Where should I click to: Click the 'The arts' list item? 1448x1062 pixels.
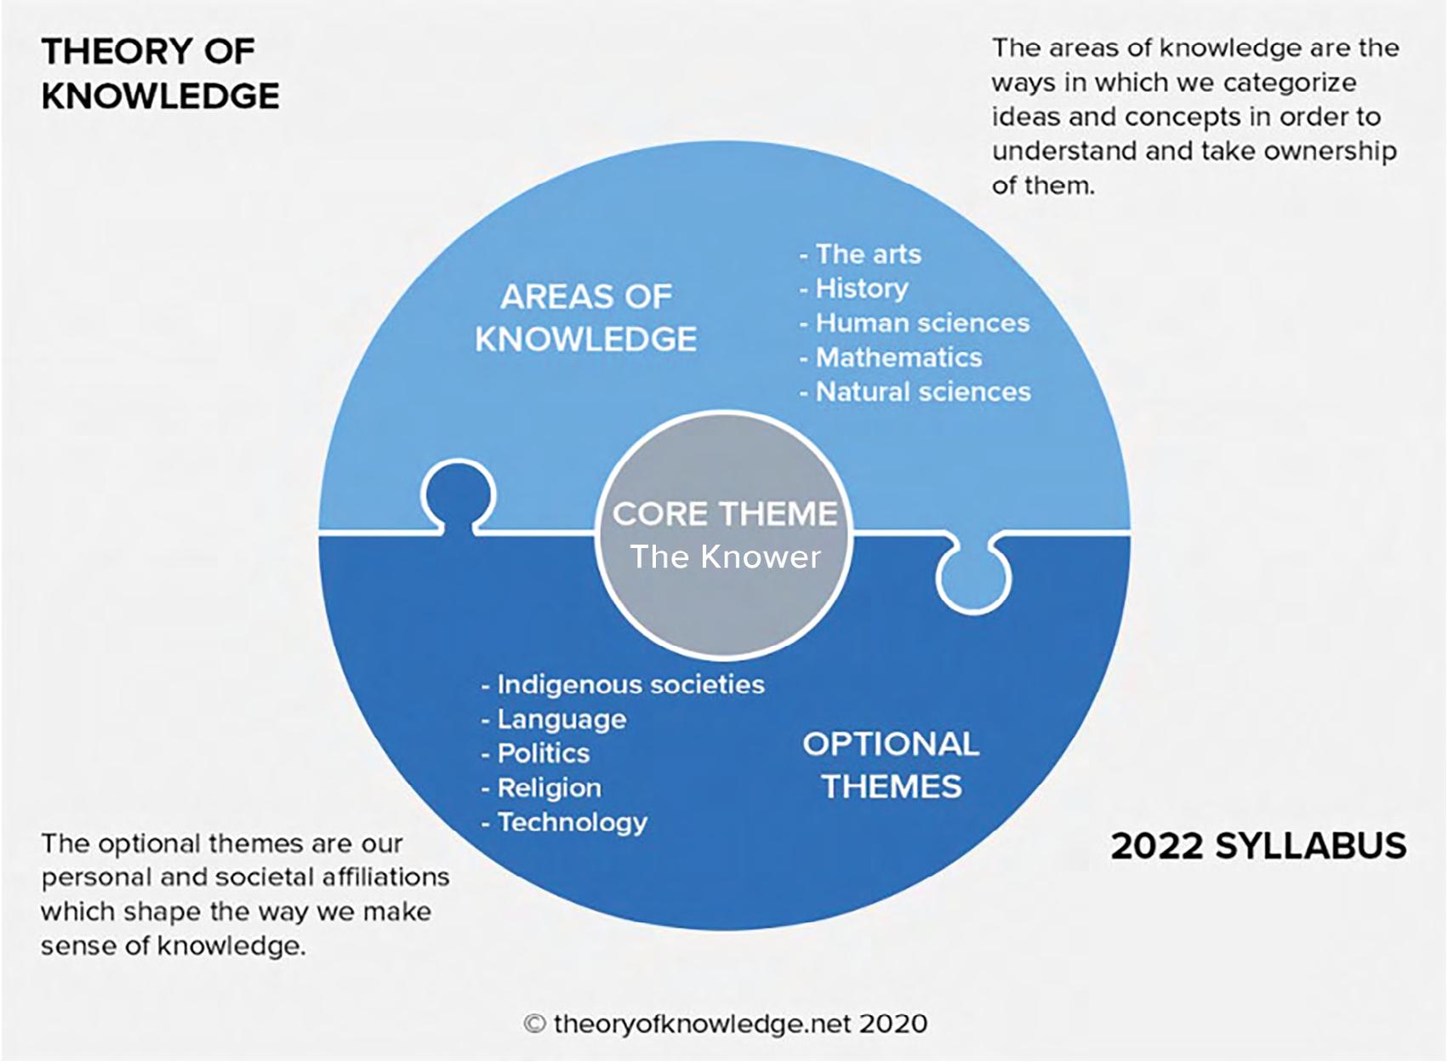[868, 254]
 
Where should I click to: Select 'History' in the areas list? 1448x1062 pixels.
[861, 288]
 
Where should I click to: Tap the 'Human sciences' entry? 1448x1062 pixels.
[922, 323]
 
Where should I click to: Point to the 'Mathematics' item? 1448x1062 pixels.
[898, 357]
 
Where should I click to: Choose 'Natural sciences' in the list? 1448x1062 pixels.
[923, 392]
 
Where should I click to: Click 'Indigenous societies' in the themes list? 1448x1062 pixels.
[630, 685]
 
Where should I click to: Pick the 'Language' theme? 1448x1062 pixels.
[562, 720]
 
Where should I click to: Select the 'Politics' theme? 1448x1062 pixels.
[543, 754]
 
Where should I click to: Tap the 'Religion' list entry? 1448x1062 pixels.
[549, 788]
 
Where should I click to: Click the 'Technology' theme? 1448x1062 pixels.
[572, 823]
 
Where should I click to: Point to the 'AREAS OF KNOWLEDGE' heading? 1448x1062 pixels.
[586, 318]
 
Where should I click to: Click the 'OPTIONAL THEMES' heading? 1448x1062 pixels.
[891, 765]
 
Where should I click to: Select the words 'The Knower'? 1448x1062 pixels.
[725, 557]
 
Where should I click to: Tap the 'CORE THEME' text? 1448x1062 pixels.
[725, 514]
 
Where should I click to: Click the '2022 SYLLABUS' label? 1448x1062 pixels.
[1258, 846]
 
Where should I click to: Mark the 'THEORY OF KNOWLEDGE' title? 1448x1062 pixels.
[160, 74]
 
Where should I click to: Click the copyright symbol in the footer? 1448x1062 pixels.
[533, 1024]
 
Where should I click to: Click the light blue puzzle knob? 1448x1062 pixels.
[973, 578]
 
